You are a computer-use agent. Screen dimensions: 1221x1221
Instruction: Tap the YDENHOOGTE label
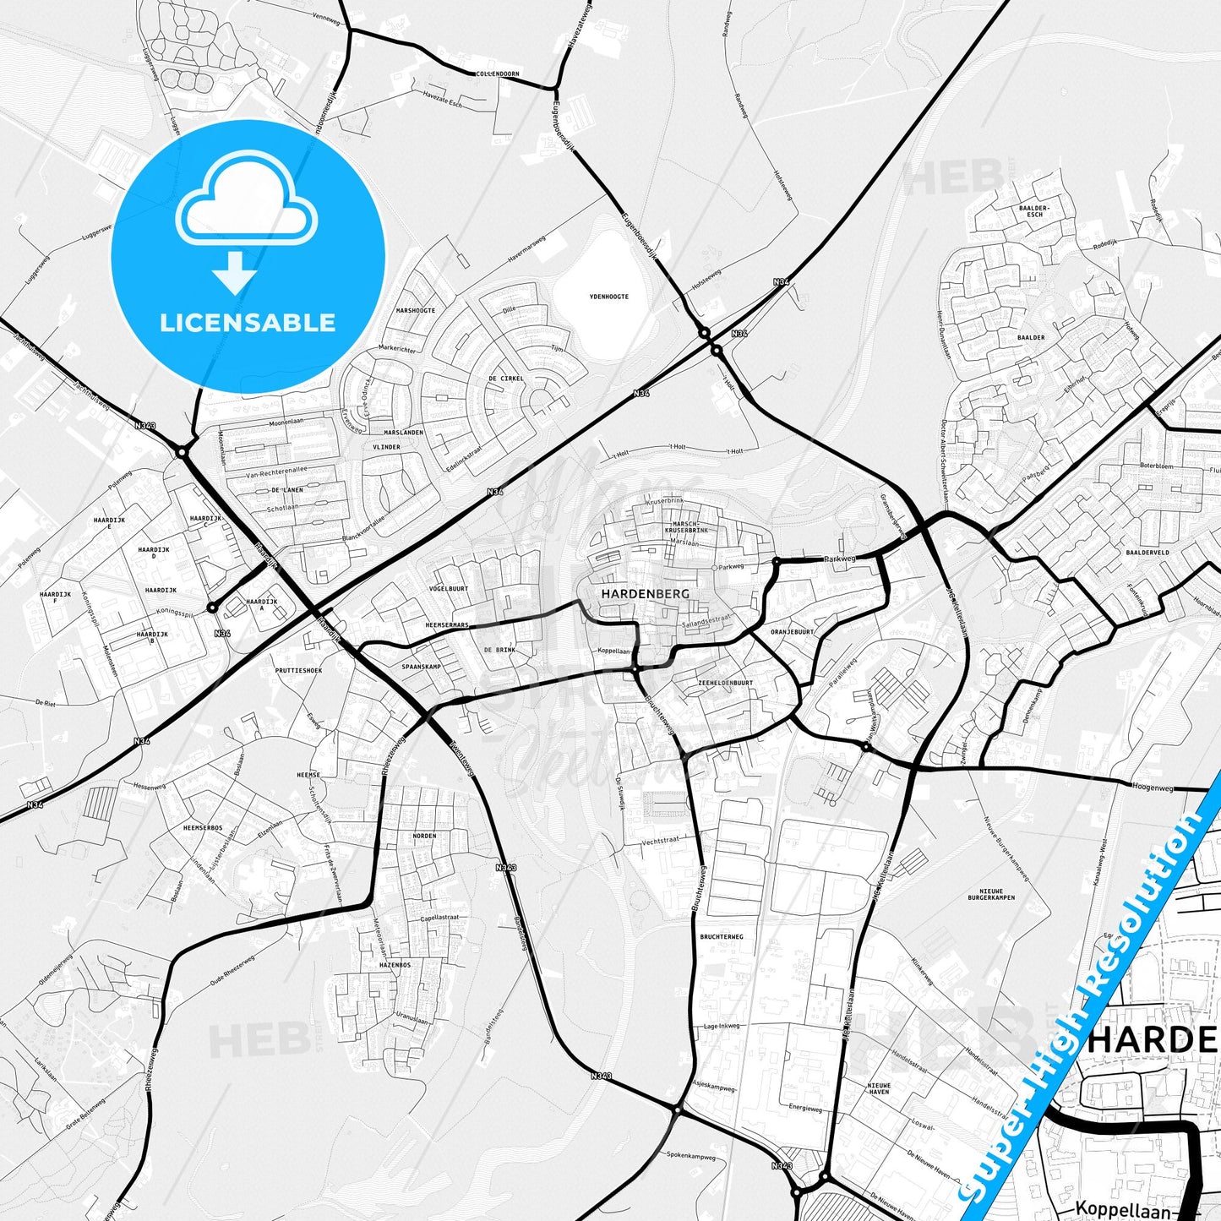point(608,297)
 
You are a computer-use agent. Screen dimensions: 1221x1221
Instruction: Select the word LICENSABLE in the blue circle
point(248,322)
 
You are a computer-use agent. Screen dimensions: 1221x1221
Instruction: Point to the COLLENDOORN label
point(498,74)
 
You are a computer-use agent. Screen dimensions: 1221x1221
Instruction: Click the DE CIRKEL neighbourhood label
point(506,379)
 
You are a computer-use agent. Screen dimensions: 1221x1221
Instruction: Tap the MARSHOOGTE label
point(416,310)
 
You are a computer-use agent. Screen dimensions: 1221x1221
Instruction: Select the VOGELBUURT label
point(449,588)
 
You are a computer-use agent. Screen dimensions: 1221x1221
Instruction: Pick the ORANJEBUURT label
point(792,631)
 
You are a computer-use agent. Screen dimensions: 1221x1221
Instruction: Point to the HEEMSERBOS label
point(203,828)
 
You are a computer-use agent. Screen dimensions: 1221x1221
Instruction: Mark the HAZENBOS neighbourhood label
point(395,964)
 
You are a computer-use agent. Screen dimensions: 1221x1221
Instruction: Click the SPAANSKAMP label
point(422,667)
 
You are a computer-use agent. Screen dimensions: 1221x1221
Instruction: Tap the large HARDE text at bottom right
point(1152,1040)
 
